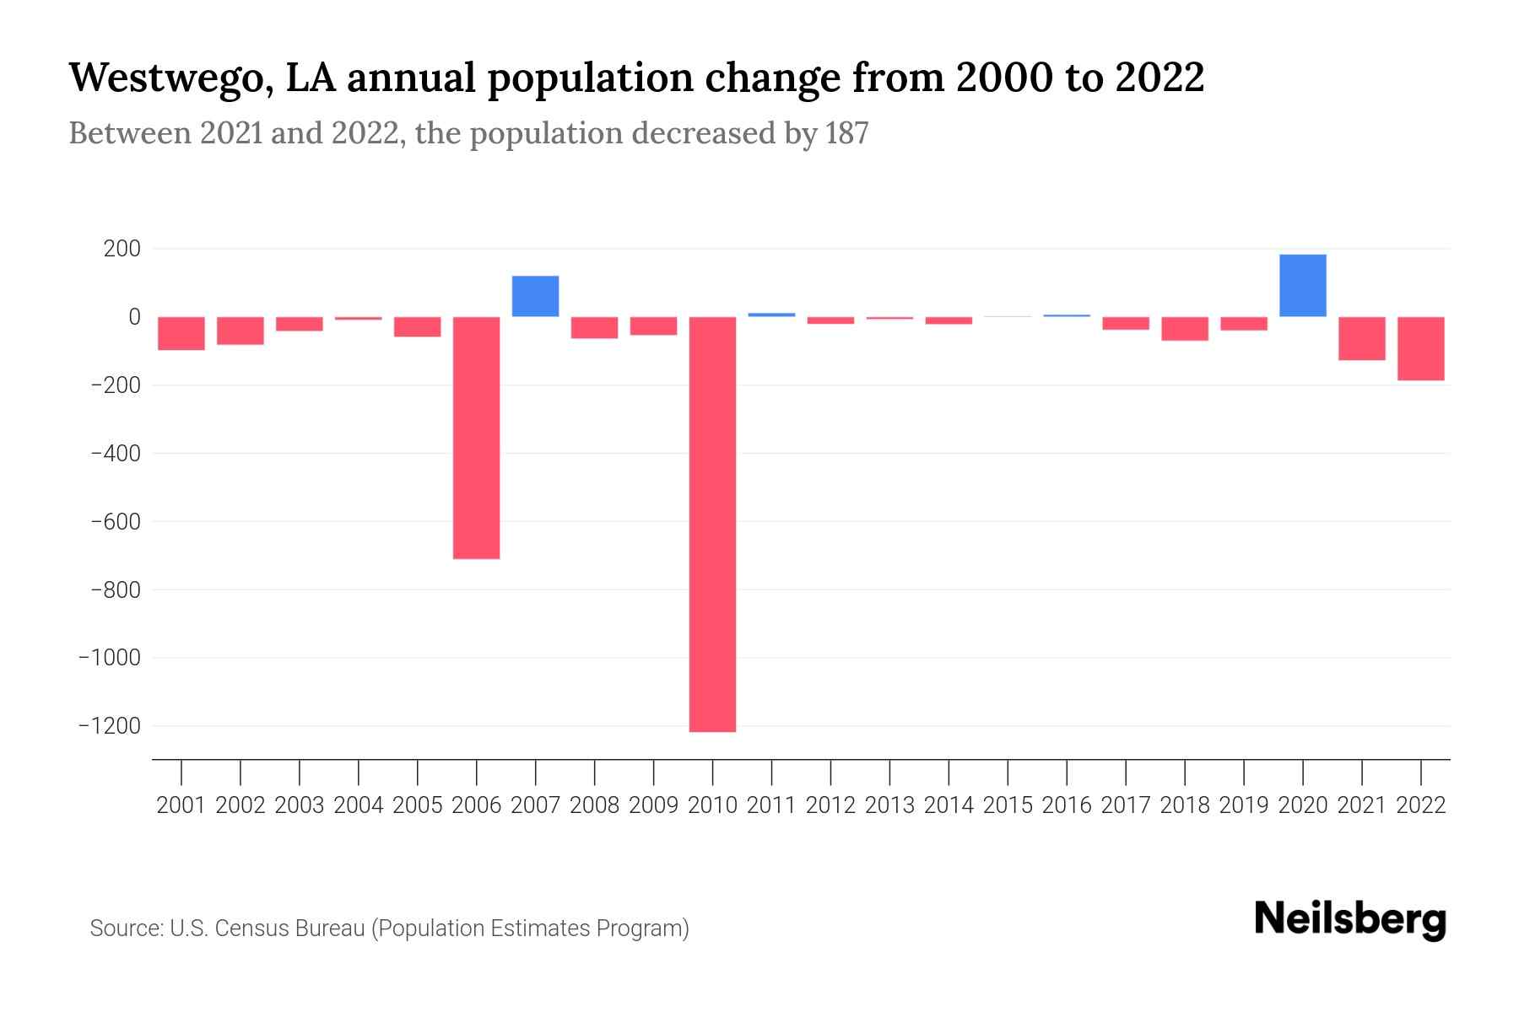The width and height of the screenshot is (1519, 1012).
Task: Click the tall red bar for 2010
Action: point(712,523)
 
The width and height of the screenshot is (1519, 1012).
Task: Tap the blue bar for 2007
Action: point(535,296)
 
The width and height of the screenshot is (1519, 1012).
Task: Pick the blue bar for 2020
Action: point(1302,285)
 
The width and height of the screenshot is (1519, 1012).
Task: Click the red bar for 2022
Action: point(1420,348)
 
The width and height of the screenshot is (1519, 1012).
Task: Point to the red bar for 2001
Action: point(181,333)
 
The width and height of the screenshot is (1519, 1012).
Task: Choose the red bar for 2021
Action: point(1361,338)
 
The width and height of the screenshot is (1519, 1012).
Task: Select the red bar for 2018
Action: point(1184,328)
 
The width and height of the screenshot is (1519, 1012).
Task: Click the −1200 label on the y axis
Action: point(110,725)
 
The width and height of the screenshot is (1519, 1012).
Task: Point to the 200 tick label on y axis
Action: point(122,249)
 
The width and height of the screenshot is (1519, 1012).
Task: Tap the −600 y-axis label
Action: point(116,521)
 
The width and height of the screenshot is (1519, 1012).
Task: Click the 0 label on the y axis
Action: point(134,317)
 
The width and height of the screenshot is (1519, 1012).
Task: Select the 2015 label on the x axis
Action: point(1008,805)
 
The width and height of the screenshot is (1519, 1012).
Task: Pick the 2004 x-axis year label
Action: point(359,805)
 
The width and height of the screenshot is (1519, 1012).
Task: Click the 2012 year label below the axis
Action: point(830,805)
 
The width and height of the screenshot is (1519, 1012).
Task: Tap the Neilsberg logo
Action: point(1350,919)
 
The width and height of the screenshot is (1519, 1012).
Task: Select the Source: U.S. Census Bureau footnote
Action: point(389,929)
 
